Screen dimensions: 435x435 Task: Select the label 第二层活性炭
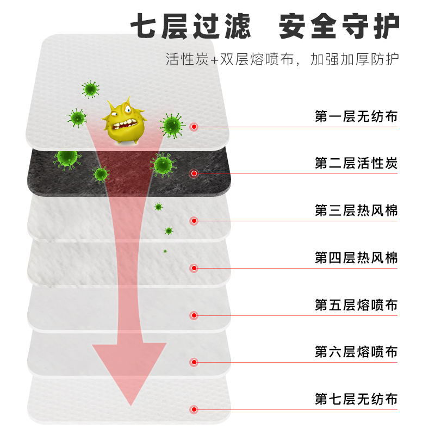click(356, 163)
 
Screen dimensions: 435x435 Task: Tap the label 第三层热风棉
click(356, 210)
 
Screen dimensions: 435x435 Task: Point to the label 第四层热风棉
click(356, 258)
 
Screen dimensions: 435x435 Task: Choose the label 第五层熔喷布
click(356, 305)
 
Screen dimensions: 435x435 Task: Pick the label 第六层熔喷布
click(356, 352)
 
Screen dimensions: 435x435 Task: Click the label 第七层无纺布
click(356, 400)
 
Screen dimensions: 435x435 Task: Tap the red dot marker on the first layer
click(194, 127)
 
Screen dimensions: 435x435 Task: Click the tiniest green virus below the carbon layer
click(165, 251)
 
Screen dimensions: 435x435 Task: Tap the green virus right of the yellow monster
click(172, 125)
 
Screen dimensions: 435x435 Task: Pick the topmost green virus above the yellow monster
click(90, 89)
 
